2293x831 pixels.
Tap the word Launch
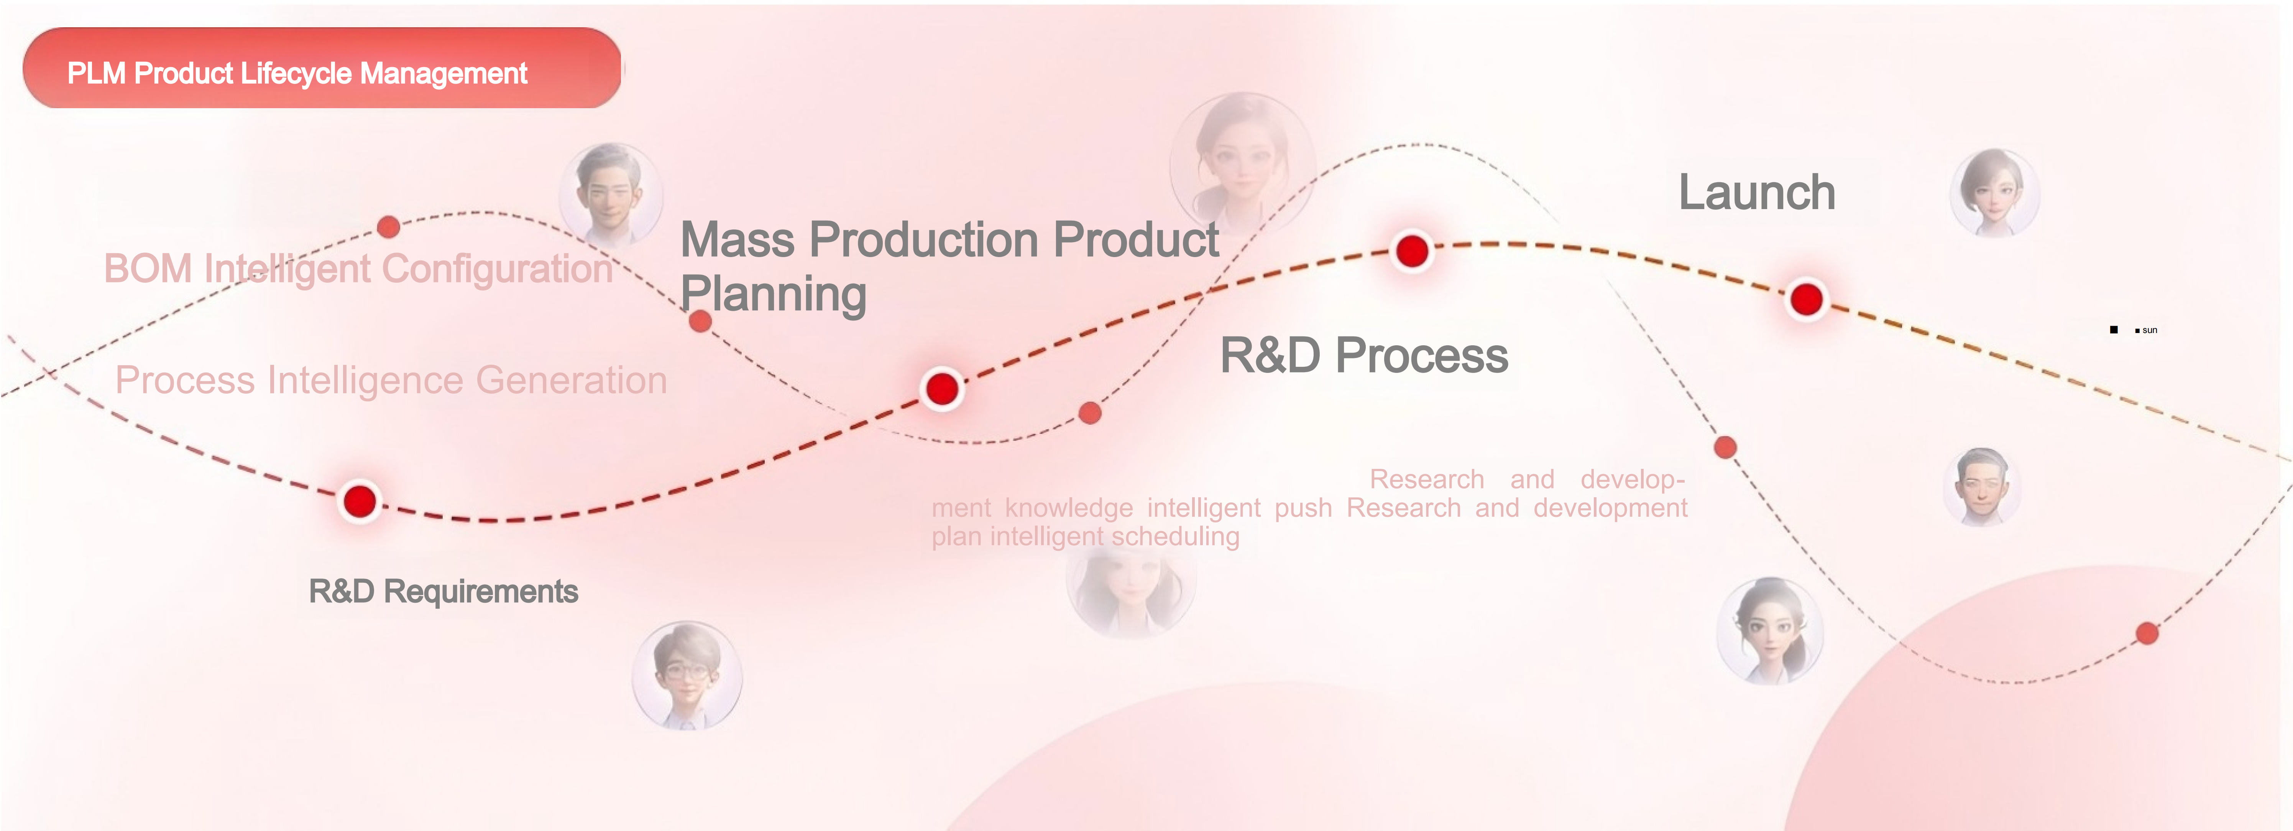1756,192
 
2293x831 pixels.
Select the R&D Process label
1364,355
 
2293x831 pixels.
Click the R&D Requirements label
443,592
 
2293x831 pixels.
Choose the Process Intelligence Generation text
391,380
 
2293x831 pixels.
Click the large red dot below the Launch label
1806,299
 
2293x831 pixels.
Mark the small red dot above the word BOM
388,227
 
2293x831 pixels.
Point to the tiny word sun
2150,330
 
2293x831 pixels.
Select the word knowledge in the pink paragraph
1069,508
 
